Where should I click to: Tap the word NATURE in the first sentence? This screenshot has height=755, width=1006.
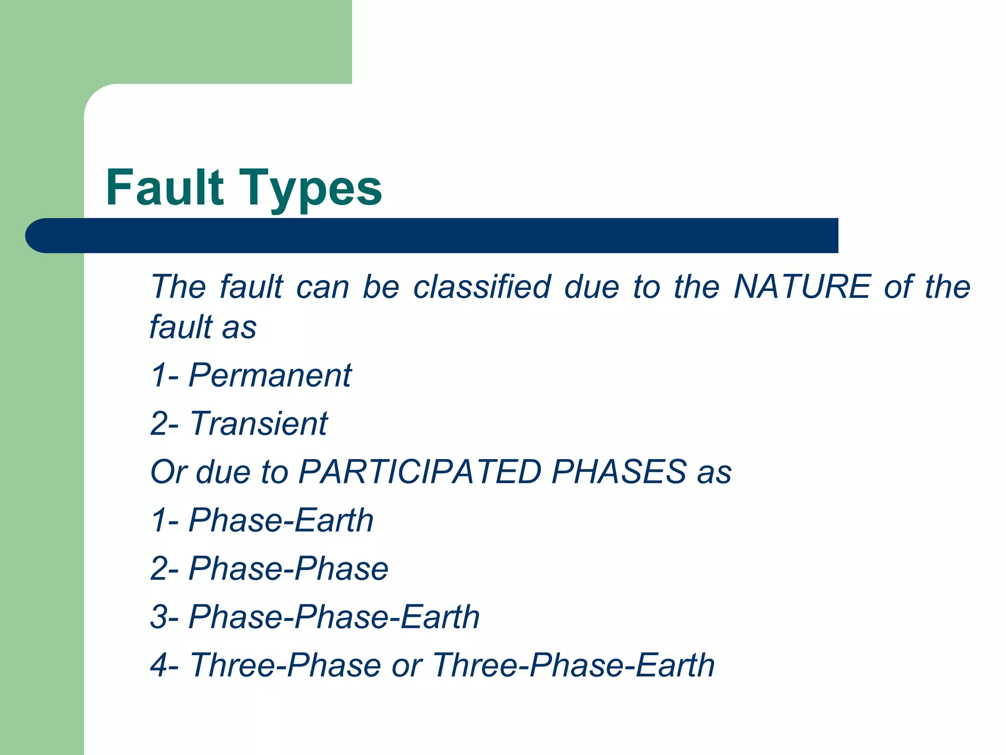coord(802,287)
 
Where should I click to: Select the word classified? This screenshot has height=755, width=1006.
coord(482,287)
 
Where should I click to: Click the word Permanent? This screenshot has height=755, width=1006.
coord(270,375)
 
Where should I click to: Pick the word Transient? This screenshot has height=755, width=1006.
coord(258,423)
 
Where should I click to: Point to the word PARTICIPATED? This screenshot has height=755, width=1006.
coord(420,472)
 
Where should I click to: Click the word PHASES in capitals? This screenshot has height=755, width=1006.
coord(618,472)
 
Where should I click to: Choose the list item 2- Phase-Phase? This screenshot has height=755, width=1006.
coord(269,568)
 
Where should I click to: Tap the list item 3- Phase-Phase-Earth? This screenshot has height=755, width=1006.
coord(315,616)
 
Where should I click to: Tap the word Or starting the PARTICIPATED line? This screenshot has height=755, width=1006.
coord(168,472)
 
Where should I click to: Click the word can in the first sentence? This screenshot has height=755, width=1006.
coord(323,287)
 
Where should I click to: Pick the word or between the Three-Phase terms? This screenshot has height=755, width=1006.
coord(407,665)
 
